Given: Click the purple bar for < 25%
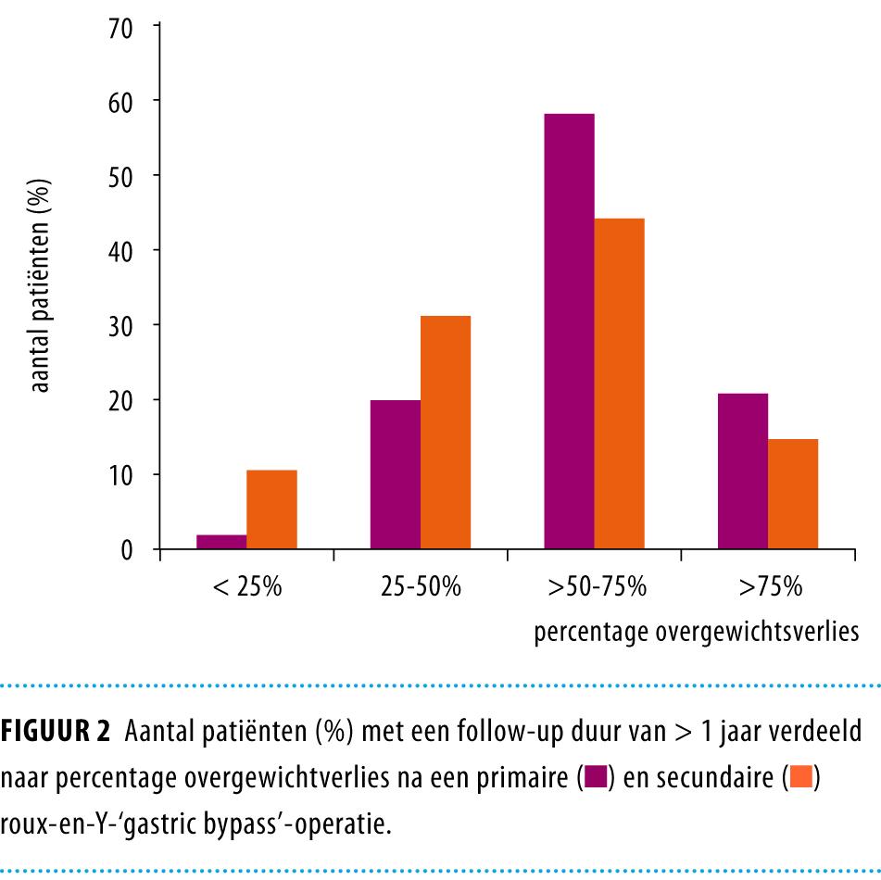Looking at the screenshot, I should (x=221, y=542).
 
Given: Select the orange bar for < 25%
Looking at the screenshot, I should (x=271, y=509).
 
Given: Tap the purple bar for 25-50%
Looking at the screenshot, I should (x=395, y=474).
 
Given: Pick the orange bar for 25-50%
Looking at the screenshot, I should (x=446, y=433).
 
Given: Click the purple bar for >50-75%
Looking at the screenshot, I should (x=569, y=332).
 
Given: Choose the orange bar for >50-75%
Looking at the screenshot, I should (x=619, y=383).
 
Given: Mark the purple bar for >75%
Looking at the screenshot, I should (x=742, y=471).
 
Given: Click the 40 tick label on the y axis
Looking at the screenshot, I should (x=121, y=250).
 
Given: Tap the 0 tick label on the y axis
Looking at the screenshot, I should (x=127, y=550).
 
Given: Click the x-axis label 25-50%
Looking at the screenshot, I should (x=421, y=588).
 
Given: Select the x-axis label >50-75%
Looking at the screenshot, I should (x=595, y=588).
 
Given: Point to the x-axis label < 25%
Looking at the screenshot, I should (x=246, y=588).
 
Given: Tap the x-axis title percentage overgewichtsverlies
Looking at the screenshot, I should (x=697, y=634).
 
